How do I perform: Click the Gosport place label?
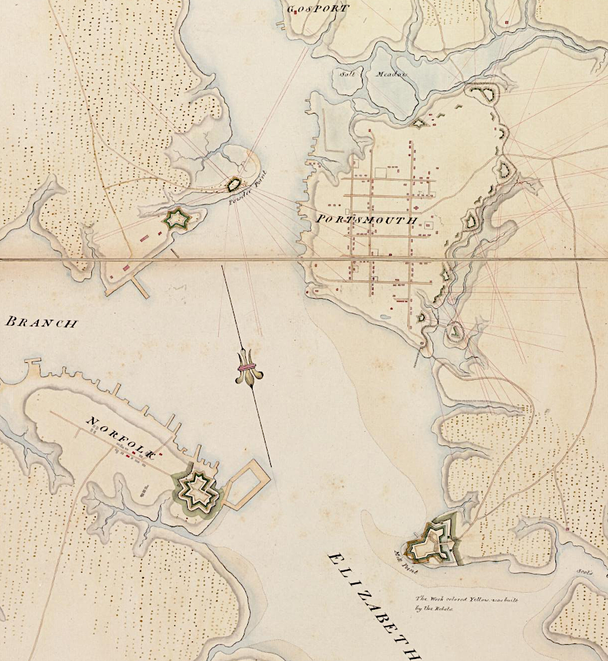pos(318,9)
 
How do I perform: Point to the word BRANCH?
pos(41,322)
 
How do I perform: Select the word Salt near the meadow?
pos(347,74)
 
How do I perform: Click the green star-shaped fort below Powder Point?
pos(177,218)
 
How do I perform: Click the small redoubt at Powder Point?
pos(234,183)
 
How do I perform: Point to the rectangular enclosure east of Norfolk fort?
pos(247,484)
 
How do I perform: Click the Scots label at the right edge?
pos(584,572)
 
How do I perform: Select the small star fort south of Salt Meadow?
pos(419,123)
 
